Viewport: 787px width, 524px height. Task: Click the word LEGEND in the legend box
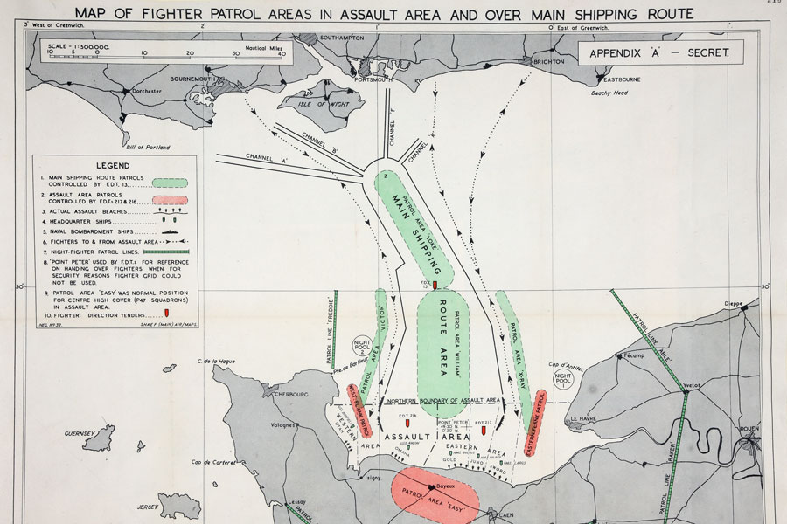[x=112, y=165]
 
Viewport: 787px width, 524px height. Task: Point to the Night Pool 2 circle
[x=361, y=346]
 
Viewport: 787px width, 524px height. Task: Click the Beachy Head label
[x=610, y=93]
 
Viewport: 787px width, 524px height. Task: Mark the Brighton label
[x=547, y=62]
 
